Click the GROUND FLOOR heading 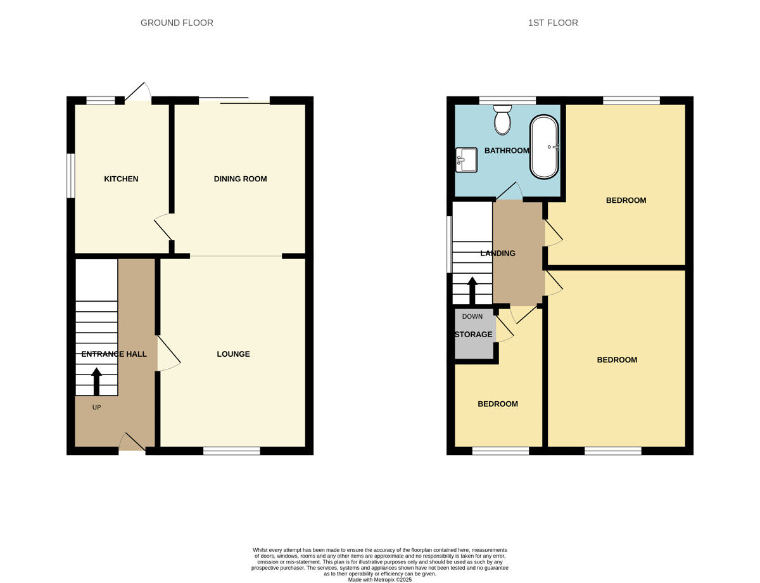click(x=177, y=23)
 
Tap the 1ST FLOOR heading click(x=553, y=23)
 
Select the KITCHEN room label click(x=121, y=179)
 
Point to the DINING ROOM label click(x=240, y=179)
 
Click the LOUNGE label click(x=233, y=354)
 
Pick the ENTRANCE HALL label click(x=114, y=354)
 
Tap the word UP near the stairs click(x=96, y=407)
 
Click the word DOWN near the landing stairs click(x=472, y=316)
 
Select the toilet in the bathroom click(x=502, y=120)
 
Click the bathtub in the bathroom click(x=544, y=147)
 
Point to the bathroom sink click(x=466, y=160)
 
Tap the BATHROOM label click(x=507, y=150)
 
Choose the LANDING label click(x=498, y=253)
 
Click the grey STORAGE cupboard click(x=474, y=334)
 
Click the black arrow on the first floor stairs click(x=472, y=290)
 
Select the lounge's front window click(x=232, y=451)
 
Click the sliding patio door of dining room click(x=234, y=100)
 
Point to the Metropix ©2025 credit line click(x=380, y=579)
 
